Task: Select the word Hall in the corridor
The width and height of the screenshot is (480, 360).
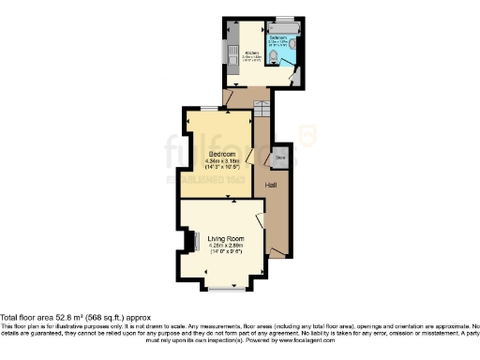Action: click(270, 185)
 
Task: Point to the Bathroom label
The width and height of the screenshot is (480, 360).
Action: click(279, 37)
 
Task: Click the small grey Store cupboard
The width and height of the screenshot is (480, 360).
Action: click(279, 157)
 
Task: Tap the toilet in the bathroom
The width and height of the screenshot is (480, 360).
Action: click(274, 58)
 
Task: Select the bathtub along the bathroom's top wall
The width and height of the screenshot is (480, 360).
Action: click(282, 28)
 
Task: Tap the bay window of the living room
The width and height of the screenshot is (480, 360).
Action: click(227, 285)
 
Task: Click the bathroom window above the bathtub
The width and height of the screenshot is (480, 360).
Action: click(286, 19)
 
